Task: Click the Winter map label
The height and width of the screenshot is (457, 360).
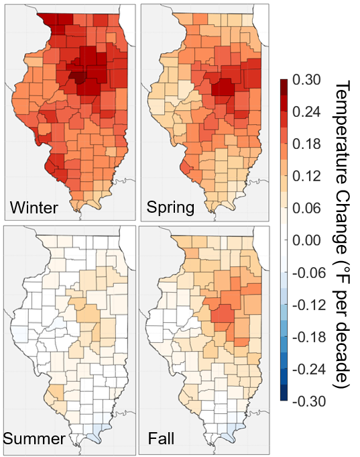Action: tap(34, 207)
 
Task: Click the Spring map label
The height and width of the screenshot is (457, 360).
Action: tap(170, 207)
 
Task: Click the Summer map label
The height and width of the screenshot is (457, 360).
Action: tap(34, 439)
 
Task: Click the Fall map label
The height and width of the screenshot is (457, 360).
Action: tap(163, 439)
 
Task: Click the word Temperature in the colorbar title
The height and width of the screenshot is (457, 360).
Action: tap(342, 132)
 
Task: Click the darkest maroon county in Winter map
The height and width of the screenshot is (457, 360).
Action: tap(80, 78)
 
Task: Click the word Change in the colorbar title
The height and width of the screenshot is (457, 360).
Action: tap(342, 218)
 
